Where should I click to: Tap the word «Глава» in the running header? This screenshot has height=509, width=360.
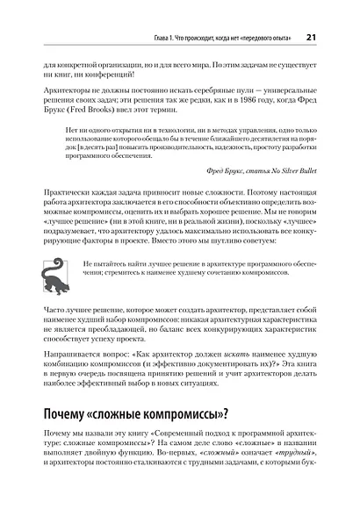pyautogui.click(x=147, y=39)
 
